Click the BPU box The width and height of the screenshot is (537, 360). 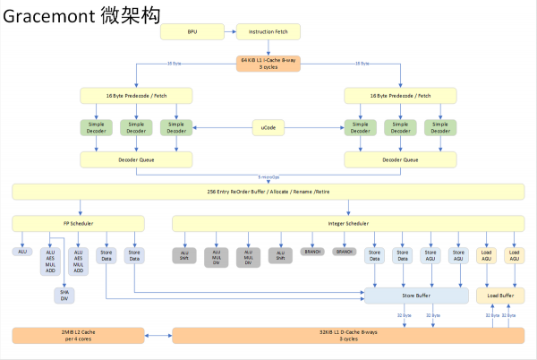pos(192,32)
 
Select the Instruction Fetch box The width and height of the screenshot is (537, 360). pos(268,32)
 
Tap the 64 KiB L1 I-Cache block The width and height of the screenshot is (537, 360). pos(268,64)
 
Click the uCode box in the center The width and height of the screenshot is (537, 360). pos(268,128)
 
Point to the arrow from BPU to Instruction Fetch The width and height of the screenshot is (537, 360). pos(230,32)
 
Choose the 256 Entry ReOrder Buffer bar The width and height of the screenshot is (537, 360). pos(268,191)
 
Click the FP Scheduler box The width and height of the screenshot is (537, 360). pos(78,222)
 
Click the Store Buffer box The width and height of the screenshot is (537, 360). pos(416,296)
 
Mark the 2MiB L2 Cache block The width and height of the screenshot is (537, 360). pos(78,336)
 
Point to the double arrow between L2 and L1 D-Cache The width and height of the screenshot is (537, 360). pos(158,336)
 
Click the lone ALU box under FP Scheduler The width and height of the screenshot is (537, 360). pos(22,252)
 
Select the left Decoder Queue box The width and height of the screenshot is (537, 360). pos(135,159)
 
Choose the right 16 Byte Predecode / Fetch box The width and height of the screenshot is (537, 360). pos(400,95)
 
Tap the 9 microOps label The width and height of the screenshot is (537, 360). pos(268,176)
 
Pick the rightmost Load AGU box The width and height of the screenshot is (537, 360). pos(514,255)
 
